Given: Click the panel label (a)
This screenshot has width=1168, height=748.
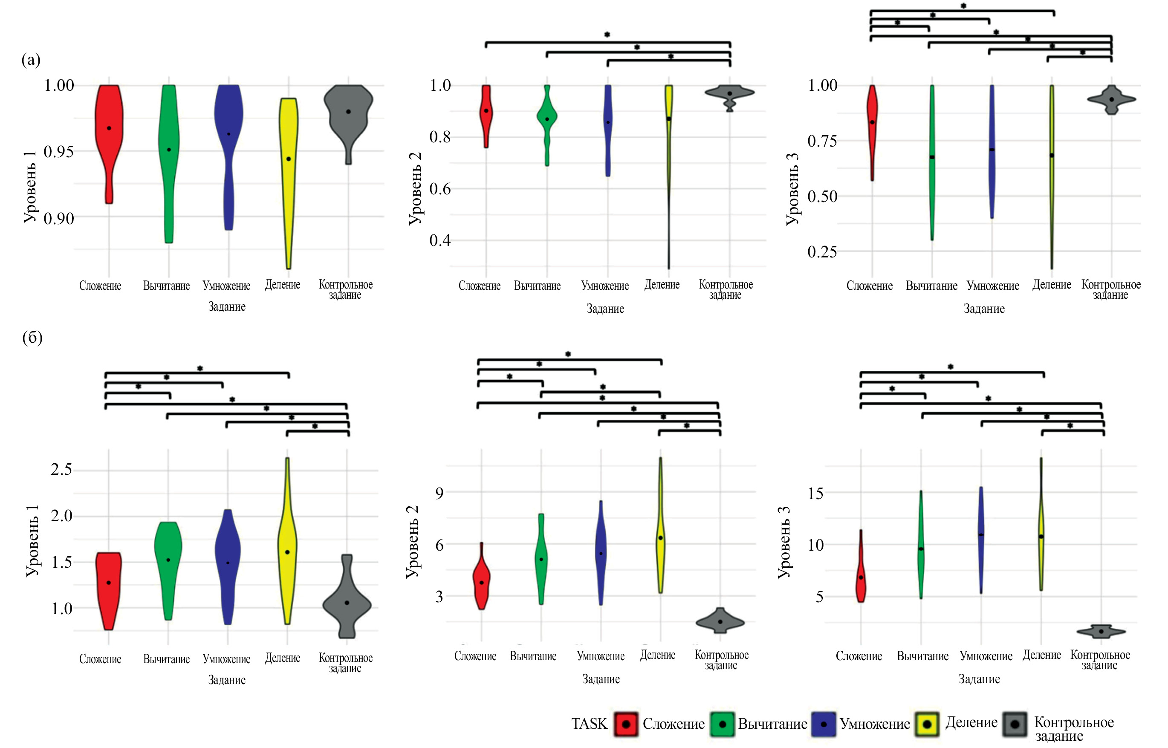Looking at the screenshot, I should click(x=31, y=60).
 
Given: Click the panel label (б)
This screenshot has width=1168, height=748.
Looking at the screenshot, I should click(x=32, y=337).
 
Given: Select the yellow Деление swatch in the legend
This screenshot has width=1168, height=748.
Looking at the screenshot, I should click(x=927, y=724).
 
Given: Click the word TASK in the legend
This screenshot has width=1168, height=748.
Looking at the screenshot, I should click(x=589, y=724).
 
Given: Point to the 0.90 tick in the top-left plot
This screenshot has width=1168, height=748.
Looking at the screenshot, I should click(x=59, y=219).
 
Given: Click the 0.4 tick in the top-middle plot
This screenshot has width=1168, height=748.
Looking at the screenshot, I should click(x=439, y=240).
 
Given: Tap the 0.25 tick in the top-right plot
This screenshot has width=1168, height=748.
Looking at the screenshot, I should click(x=822, y=251).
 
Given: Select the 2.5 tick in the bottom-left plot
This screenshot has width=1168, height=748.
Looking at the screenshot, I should click(x=61, y=469).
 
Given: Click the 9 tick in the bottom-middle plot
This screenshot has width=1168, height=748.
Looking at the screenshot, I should click(x=439, y=493).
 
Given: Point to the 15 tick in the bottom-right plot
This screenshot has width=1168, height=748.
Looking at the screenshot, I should click(x=815, y=493).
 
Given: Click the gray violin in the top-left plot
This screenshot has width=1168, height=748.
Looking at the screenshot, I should click(x=348, y=117).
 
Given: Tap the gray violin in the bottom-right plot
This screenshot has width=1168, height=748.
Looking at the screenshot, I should click(x=1101, y=631).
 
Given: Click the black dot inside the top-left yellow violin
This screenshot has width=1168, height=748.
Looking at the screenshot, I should click(x=289, y=159).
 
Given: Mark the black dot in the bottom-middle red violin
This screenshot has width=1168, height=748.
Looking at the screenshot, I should click(x=481, y=582).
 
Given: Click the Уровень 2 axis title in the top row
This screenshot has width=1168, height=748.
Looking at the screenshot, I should click(x=415, y=188).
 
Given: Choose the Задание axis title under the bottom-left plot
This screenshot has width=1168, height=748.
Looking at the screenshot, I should click(x=227, y=680).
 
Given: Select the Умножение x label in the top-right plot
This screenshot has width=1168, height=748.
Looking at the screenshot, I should click(x=993, y=286).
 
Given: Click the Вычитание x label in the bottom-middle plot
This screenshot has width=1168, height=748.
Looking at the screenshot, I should click(x=533, y=656).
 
